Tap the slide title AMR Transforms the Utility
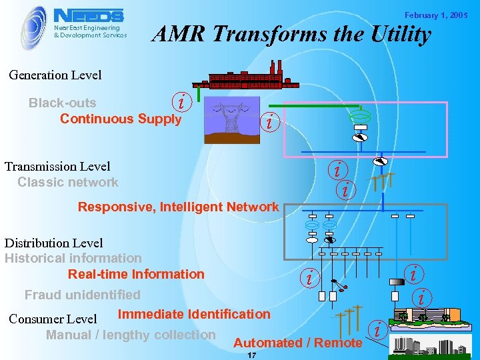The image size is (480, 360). (292, 35)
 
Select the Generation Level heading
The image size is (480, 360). (55, 75)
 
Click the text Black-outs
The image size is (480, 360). (62, 103)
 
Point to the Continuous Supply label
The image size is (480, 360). (121, 119)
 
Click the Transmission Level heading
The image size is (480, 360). (57, 166)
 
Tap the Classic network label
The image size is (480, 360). (68, 182)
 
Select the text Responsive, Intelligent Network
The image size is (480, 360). (178, 207)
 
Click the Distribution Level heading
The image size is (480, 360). (54, 243)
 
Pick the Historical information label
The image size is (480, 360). (73, 258)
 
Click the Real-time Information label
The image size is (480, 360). (136, 274)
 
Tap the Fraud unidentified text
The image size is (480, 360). (83, 295)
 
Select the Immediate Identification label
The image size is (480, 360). (194, 314)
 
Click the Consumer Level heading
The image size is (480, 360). (53, 319)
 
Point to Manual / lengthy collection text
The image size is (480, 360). (131, 335)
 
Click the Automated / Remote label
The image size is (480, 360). (298, 343)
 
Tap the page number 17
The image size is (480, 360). (251, 355)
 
